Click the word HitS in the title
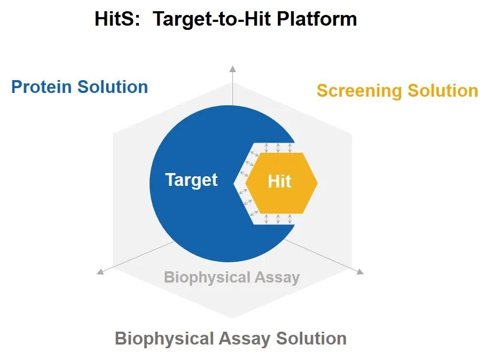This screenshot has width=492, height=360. coord(117,19)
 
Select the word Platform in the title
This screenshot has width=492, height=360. coord(317,19)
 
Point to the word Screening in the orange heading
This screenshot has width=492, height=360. coord(360,91)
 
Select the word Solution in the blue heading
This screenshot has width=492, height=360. coord(113,87)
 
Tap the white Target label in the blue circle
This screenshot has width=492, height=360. coord(191,180)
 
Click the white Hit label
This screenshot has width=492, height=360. coord(279,182)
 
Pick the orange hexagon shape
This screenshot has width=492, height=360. coord(282,183)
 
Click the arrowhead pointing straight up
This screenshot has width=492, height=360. coord(232,69)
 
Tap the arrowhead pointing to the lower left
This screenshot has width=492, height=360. coord(100,271)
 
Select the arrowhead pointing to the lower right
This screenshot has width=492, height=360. coord(360,271)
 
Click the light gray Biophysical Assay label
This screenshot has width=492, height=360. coord(232,278)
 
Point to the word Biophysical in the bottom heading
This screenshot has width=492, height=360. coord(165,339)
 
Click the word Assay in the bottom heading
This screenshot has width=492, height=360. coord(245,339)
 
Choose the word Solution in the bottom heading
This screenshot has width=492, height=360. coord(311,339)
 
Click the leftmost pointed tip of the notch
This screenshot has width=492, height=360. coord(234,183)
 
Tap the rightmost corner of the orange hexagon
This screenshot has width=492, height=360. coord(317,183)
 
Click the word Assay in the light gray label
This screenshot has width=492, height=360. coord(277,278)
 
